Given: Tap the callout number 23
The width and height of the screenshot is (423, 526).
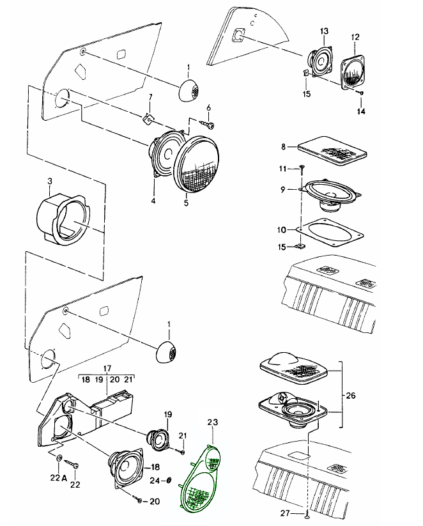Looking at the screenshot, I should pyautogui.click(x=213, y=422).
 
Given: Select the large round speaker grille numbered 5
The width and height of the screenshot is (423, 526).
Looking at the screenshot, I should pyautogui.click(x=197, y=164).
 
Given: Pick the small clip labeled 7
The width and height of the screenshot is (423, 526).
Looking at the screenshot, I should pyautogui.click(x=147, y=118).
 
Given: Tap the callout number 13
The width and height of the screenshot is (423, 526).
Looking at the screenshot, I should pyautogui.click(x=324, y=31).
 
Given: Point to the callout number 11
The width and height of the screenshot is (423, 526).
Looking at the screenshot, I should pyautogui.click(x=283, y=168).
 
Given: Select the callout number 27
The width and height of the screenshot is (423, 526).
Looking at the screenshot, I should pyautogui.click(x=287, y=513).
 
